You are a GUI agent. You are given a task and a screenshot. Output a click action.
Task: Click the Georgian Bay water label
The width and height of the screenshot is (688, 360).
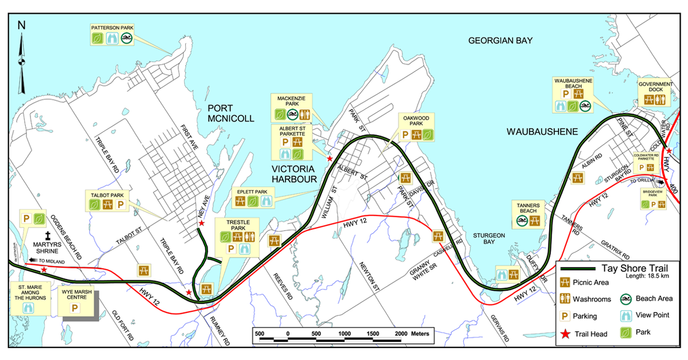pyautogui.click(x=500, y=41)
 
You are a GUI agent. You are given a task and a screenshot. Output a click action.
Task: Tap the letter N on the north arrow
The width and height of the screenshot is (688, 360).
pyautogui.click(x=22, y=25)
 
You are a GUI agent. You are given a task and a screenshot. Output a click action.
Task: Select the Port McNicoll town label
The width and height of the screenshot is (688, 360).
pyautogui.click(x=230, y=113)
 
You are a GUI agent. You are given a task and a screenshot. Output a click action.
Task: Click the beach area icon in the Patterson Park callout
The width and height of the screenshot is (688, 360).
pyautogui.click(x=126, y=38)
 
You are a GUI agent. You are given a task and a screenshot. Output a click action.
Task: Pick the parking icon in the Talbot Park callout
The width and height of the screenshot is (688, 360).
pyautogui.click(x=121, y=204)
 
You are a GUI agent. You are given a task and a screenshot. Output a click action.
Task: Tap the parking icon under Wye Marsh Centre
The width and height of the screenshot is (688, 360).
pyautogui.click(x=75, y=308)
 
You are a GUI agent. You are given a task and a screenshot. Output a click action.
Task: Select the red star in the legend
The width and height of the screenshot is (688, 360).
pyautogui.click(x=565, y=334)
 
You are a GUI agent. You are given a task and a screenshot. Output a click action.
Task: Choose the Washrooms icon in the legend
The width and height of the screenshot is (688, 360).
pyautogui.click(x=565, y=298)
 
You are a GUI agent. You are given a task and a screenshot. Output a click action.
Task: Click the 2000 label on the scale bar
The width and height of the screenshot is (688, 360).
pyautogui.click(x=400, y=333)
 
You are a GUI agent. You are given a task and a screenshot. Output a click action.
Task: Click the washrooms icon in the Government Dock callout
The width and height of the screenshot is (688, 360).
pyautogui.click(x=662, y=99)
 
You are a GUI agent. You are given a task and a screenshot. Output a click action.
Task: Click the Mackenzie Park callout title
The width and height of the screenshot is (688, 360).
pyautogui.click(x=293, y=101)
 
